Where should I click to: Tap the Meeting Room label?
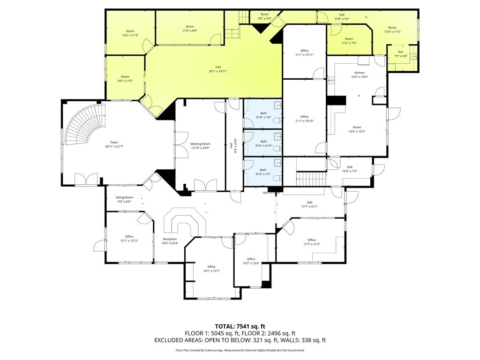pos(200,146)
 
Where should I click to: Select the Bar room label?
pos(401,54)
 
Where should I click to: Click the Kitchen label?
pos(360,75)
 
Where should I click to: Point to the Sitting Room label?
pos(124,200)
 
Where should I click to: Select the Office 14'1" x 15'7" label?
pos(211,269)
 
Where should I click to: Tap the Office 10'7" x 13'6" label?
pos(251,261)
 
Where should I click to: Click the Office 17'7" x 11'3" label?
pos(312,242)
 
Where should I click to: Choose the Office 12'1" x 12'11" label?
pos(129,239)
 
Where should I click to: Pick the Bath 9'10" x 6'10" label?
pos(263,143)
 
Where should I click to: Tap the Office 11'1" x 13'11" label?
pos(304,52)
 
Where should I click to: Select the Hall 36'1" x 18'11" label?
pos(215,69)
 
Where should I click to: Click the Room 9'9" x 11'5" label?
pos(125,79)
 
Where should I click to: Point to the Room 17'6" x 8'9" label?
pos(189,29)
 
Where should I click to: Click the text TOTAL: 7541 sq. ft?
pos(240,326)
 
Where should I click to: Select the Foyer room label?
pos(114,144)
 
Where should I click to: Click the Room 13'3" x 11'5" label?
pos(392,30)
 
